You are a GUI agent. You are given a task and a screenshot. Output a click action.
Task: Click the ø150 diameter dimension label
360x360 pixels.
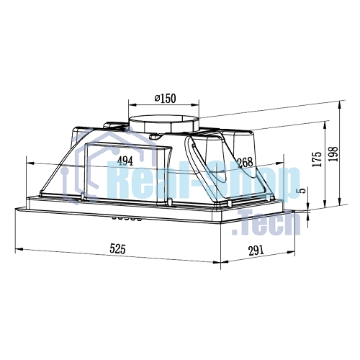click(x=165, y=99)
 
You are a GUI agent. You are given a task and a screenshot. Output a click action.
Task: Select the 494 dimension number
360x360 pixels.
click(x=125, y=161)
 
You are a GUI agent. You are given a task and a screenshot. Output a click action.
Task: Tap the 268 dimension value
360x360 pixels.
click(x=245, y=163)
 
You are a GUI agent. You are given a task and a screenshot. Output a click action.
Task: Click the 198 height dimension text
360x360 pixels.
click(x=334, y=154)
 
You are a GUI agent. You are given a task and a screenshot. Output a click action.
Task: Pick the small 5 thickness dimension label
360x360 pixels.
click(x=302, y=191)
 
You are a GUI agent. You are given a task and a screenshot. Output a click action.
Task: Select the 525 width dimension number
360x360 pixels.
click(x=117, y=248)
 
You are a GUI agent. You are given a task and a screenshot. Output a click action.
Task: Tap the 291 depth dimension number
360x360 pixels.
click(x=256, y=251)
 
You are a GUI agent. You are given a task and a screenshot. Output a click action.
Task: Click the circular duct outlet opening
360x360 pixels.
click(x=164, y=120)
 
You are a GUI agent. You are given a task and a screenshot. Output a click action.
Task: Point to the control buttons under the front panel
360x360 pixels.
click(x=126, y=218)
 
